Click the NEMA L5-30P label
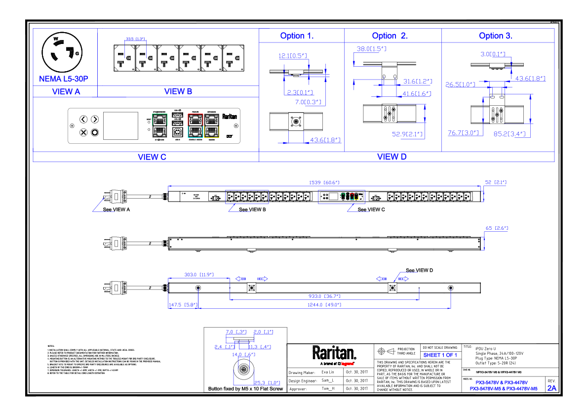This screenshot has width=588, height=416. point(64,79)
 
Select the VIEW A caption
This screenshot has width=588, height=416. point(66,91)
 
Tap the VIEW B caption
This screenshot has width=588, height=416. point(178,91)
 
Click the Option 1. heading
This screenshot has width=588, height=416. point(297,36)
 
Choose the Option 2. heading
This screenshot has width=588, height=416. point(390,36)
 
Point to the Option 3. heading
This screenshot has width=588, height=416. point(496,36)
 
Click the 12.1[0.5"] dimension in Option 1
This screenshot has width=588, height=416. point(293,56)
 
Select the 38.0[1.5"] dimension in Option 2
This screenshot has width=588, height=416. point(371,49)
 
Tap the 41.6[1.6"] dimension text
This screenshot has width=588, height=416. point(417,94)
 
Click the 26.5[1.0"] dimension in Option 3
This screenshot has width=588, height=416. point(460,84)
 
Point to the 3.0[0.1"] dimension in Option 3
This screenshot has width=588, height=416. point(493,54)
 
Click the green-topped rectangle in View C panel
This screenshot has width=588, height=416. point(159,125)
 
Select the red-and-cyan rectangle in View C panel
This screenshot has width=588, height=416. point(195,125)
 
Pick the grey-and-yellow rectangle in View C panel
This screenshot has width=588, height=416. point(211,125)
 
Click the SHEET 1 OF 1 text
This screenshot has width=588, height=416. point(440,355)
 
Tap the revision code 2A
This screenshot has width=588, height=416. point(551,388)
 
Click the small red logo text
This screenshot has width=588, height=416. point(347,364)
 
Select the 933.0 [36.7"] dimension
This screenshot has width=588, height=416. point(324,296)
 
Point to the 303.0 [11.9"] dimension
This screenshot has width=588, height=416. point(199,275)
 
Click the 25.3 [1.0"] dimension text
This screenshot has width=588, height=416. point(267,383)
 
